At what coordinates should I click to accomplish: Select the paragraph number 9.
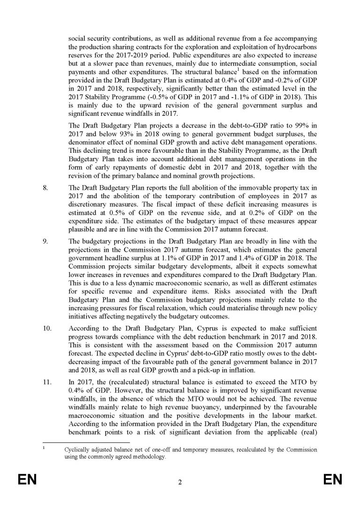(x=45, y=241)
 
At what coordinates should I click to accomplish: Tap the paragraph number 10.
(x=46, y=328)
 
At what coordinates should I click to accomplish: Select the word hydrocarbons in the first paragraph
(x=296, y=45)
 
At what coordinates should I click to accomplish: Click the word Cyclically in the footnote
(x=78, y=449)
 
